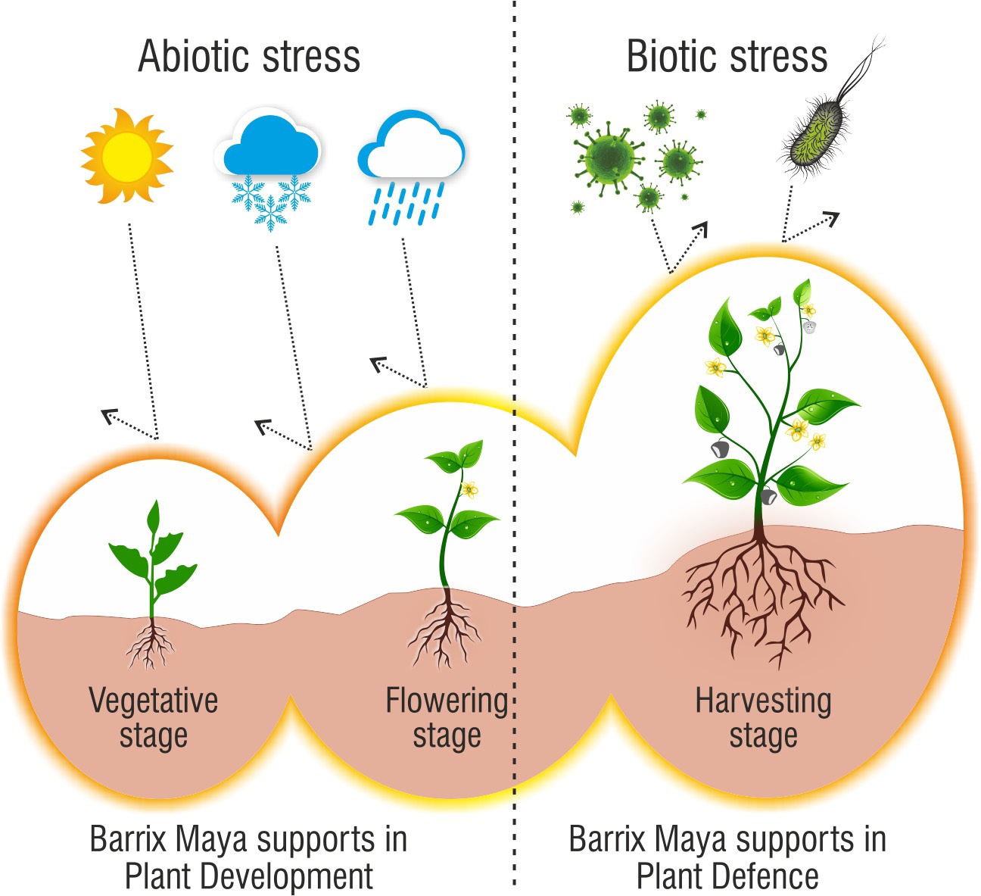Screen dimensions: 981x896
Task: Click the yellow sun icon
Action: coord(127,156)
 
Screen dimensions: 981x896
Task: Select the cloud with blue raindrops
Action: coord(410,164)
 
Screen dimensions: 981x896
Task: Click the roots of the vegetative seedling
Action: coord(151,645)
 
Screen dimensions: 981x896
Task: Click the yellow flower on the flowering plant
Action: coord(469,489)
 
